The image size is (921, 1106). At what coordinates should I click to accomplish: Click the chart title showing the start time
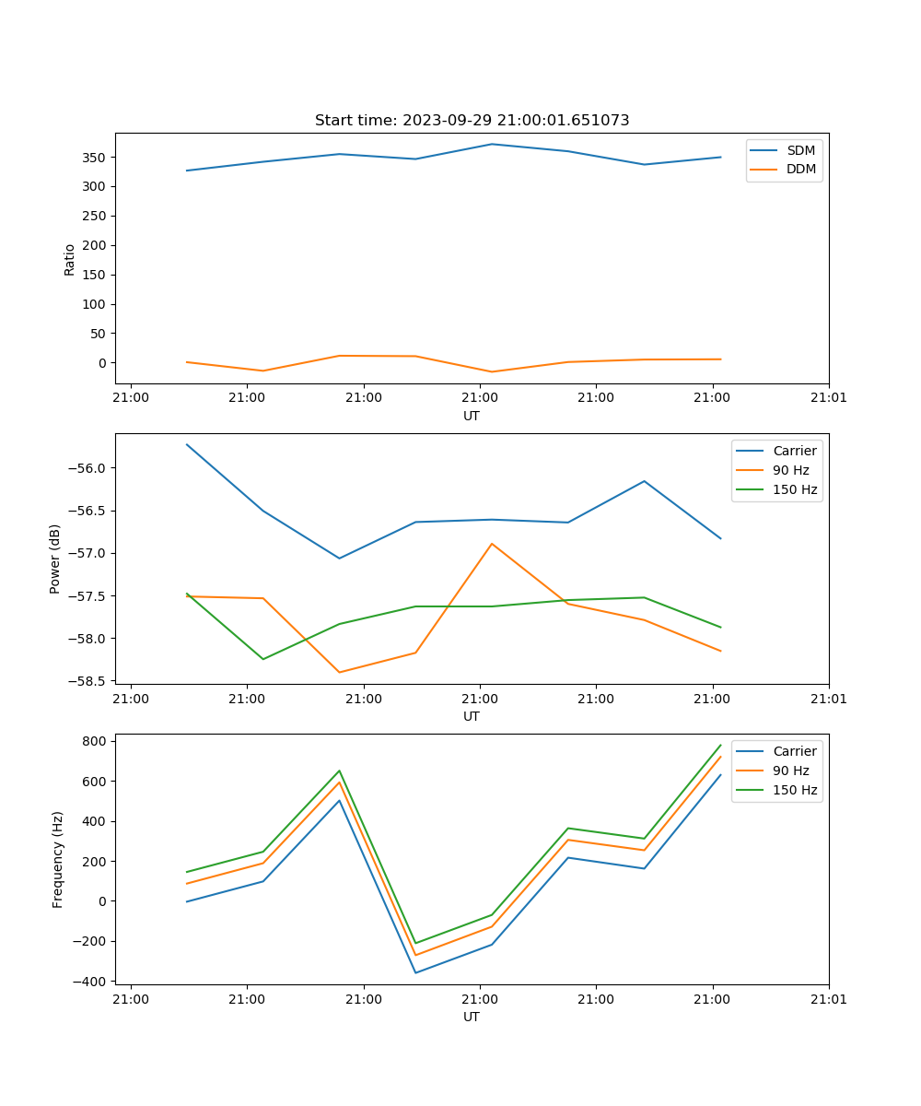(x=472, y=121)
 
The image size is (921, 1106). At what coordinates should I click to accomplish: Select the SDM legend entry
(x=800, y=150)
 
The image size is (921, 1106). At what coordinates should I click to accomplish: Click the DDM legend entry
(x=800, y=169)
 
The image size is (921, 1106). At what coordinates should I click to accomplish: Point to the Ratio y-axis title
(x=70, y=259)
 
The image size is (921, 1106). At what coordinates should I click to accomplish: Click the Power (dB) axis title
(x=55, y=559)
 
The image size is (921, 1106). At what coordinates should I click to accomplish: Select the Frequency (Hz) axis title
(x=58, y=859)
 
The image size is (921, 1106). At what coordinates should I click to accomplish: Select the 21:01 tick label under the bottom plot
(x=828, y=998)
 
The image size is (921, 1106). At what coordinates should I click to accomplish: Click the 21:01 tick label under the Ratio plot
(x=828, y=397)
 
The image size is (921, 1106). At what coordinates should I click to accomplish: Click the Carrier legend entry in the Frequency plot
(x=794, y=751)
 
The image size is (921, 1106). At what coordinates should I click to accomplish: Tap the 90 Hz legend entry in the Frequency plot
(x=790, y=771)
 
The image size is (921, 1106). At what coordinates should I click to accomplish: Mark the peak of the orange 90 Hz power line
(x=492, y=544)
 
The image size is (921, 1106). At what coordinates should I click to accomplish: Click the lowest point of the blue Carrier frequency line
(x=415, y=972)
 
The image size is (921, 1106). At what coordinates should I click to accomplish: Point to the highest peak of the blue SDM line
(x=492, y=144)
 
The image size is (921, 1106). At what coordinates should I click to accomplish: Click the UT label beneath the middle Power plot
(x=472, y=716)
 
